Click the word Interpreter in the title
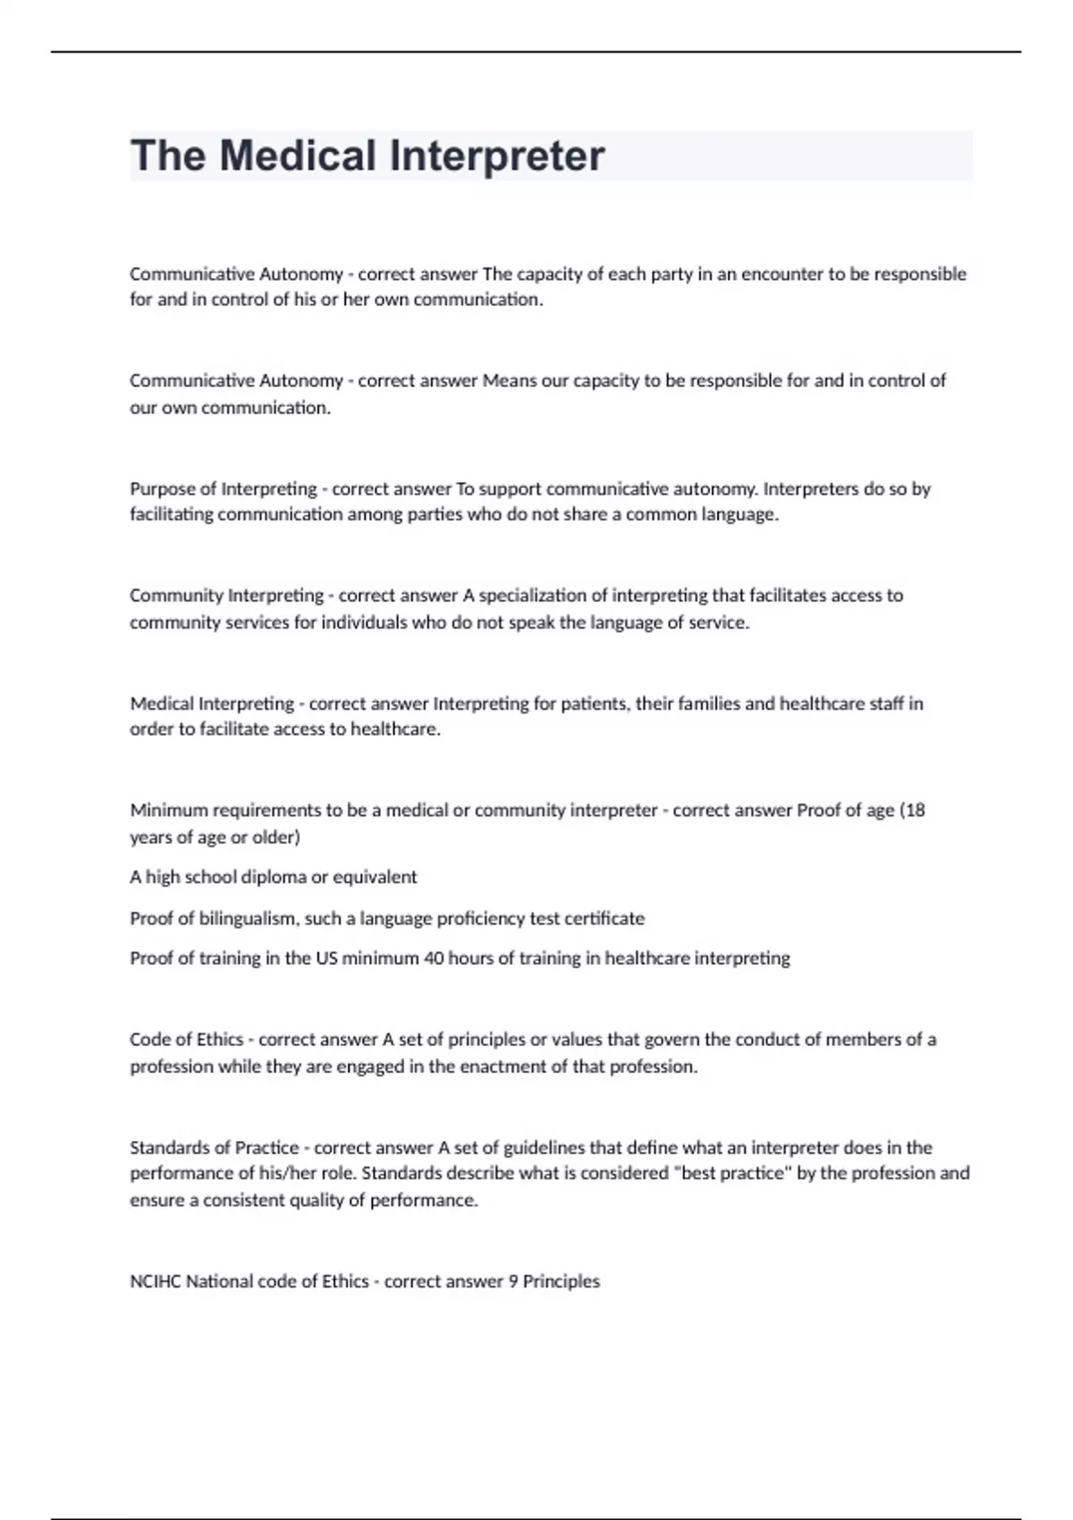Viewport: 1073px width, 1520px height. click(x=497, y=156)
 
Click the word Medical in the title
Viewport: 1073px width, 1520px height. click(x=298, y=156)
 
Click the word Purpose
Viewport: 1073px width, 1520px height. click(x=161, y=489)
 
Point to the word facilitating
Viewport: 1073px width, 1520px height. click(x=172, y=515)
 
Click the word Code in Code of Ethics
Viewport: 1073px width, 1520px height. click(x=149, y=1040)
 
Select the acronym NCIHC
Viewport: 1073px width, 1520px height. click(x=156, y=1281)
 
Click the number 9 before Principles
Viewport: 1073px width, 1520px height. click(x=513, y=1281)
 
